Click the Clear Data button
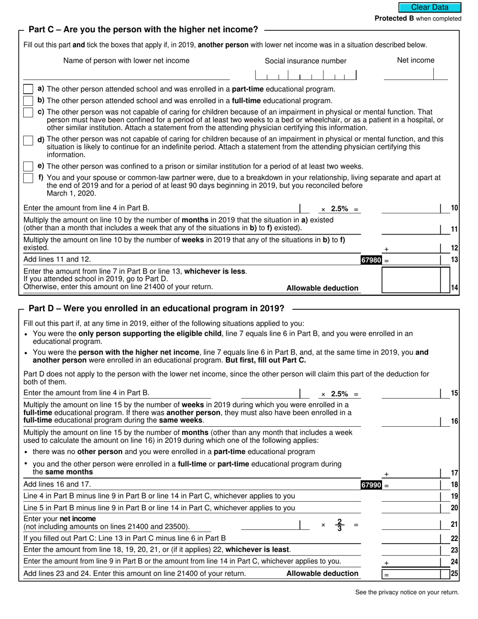[x=430, y=8]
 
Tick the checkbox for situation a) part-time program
[x=29, y=89]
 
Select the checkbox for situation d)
[x=29, y=140]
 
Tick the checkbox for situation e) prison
[x=29, y=166]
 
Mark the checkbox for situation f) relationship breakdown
[x=29, y=178]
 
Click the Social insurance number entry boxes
[x=305, y=75]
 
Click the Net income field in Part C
[x=415, y=74]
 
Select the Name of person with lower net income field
[x=126, y=74]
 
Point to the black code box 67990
[x=371, y=485]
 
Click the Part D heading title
[x=156, y=308]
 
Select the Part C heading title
[x=143, y=30]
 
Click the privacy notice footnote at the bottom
[x=407, y=592]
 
